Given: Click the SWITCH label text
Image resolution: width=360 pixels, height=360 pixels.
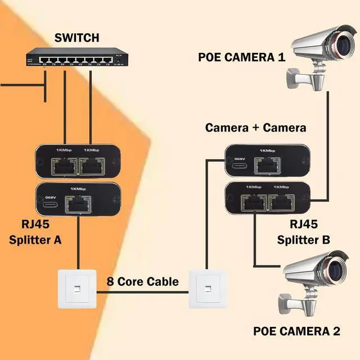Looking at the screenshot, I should pyautogui.click(x=76, y=38).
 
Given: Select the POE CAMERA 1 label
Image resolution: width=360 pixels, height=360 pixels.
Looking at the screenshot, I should pyautogui.click(x=242, y=57).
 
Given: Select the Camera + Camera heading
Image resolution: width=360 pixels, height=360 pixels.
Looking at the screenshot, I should pyautogui.click(x=255, y=128).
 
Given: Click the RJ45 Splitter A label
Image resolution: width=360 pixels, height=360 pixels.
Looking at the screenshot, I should pyautogui.click(x=35, y=232).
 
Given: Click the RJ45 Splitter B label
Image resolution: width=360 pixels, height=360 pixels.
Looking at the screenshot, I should pyautogui.click(x=303, y=232).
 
